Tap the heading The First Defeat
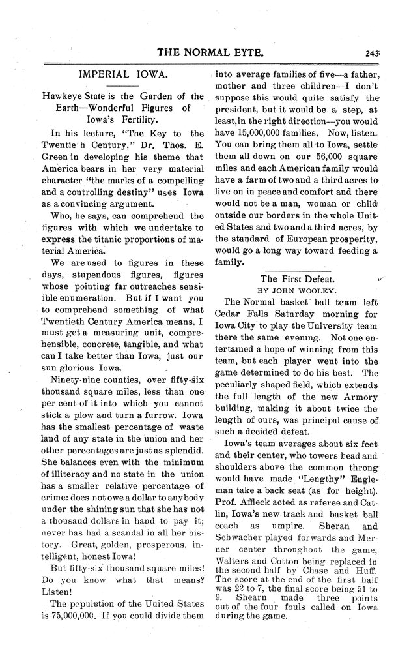(296, 278)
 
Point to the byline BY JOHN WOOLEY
(295, 290)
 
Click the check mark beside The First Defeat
(380, 278)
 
